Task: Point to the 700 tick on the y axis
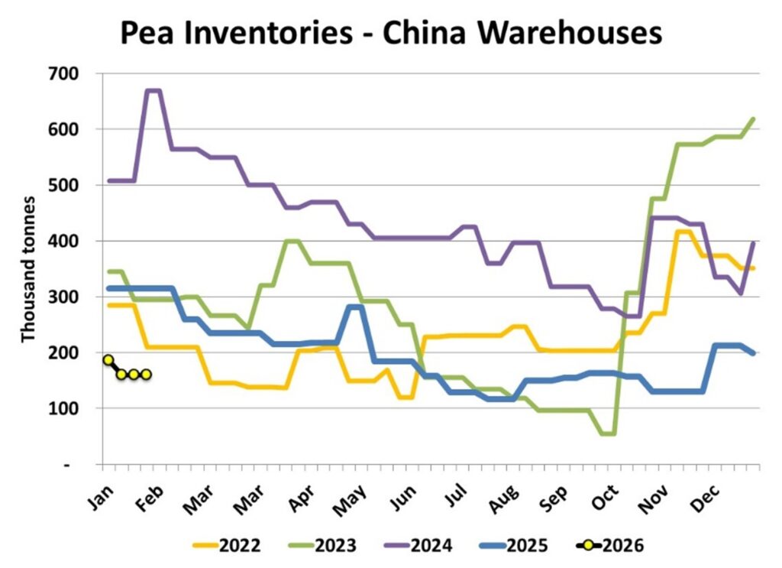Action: tap(79, 73)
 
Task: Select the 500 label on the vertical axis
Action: tap(79, 185)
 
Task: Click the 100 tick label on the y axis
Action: tap(79, 409)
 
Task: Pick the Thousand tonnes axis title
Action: tap(28, 269)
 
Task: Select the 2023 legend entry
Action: tap(322, 546)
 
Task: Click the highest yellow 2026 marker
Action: tap(108, 360)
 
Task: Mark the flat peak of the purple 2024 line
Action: tap(153, 91)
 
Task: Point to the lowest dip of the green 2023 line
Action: tap(608, 433)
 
